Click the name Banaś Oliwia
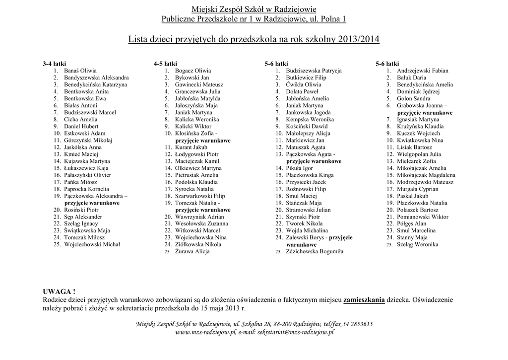coord(80,71)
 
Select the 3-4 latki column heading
coord(54,64)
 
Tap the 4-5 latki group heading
coord(165,64)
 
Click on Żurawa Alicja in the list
coord(192,251)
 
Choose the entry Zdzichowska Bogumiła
coord(315,252)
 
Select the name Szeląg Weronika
coord(417,245)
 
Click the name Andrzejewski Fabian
coord(422,71)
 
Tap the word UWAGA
coord(59,291)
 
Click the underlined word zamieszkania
coord(364,299)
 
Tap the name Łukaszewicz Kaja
coord(86,168)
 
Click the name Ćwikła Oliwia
coord(303,85)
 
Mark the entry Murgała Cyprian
coord(417,189)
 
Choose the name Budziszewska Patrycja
coord(314,71)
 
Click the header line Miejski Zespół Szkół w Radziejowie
coord(254,9)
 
